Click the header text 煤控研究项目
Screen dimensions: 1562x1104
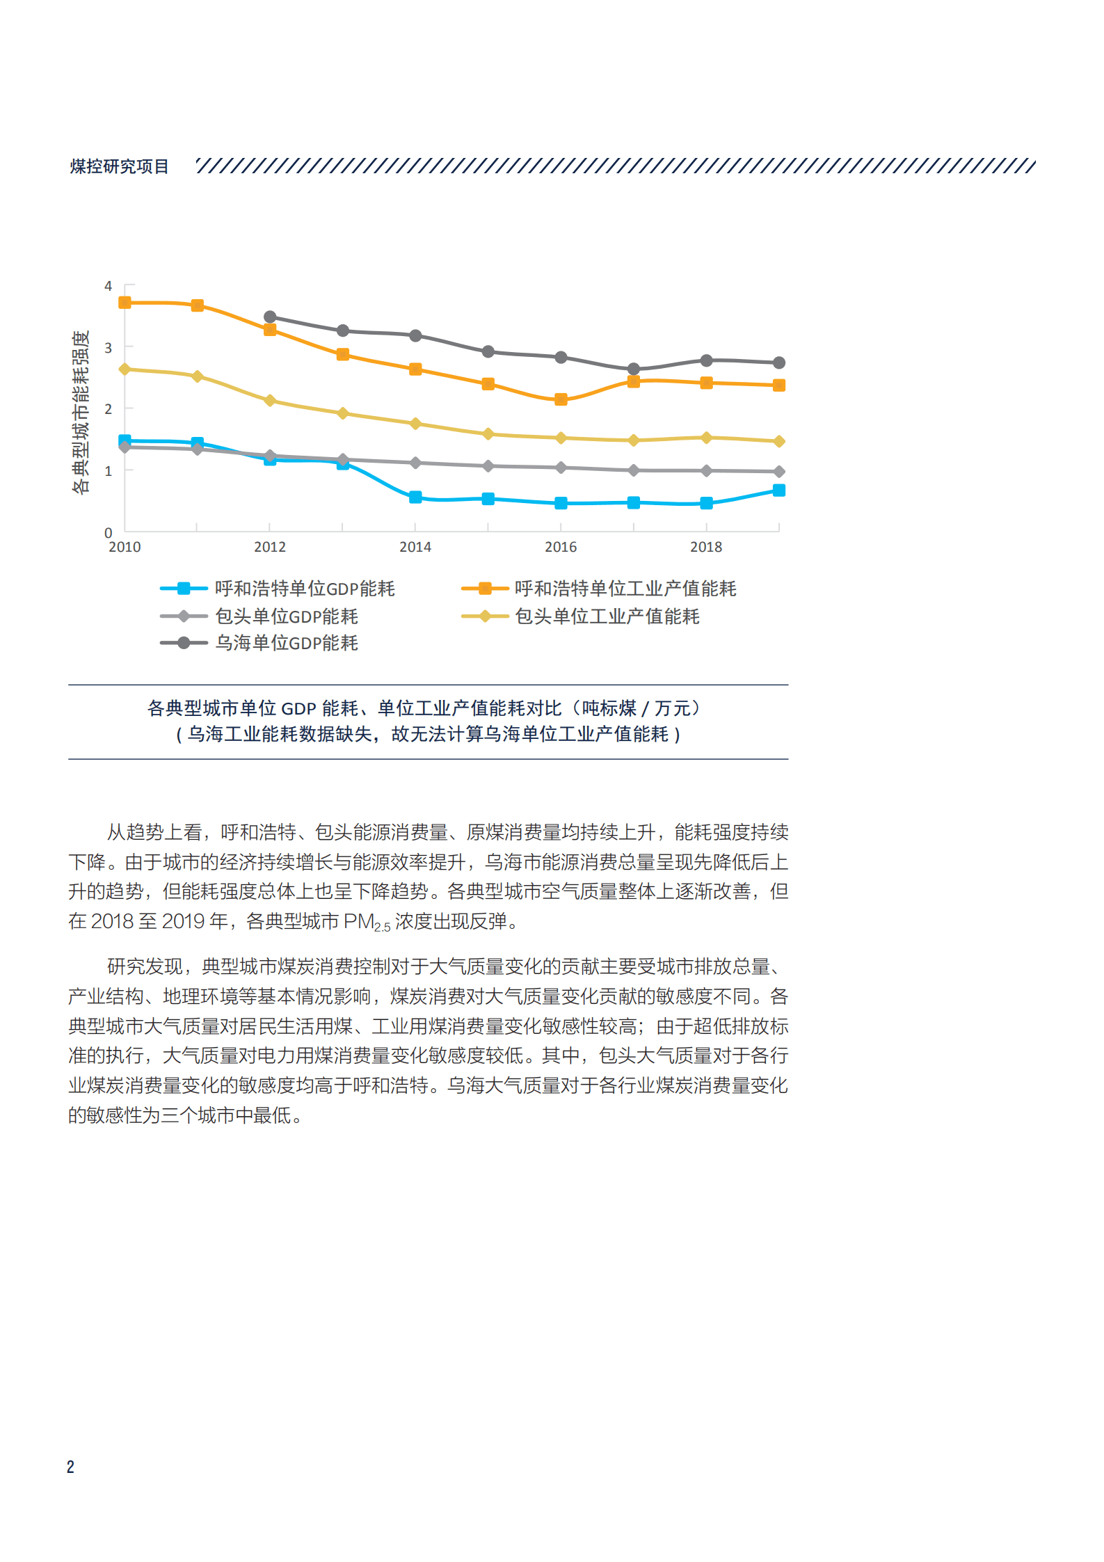[x=119, y=166]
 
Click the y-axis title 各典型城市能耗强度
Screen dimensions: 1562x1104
[x=81, y=411]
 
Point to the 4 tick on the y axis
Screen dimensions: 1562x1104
[x=108, y=286]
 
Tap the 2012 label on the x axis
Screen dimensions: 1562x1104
[x=270, y=547]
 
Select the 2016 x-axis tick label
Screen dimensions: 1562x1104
[x=561, y=547]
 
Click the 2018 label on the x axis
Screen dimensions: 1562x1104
[x=706, y=547]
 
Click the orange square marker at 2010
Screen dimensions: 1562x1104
[x=125, y=303]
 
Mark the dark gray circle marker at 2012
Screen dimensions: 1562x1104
[x=270, y=317]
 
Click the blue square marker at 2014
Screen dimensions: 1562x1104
[x=415, y=497]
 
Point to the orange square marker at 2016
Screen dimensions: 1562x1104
[x=561, y=399]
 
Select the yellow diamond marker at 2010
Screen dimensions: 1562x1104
[x=125, y=369]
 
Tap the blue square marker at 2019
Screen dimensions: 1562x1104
[x=779, y=491]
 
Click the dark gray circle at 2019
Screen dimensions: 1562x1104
[x=779, y=362]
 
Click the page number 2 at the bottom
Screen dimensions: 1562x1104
[x=70, y=1467]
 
